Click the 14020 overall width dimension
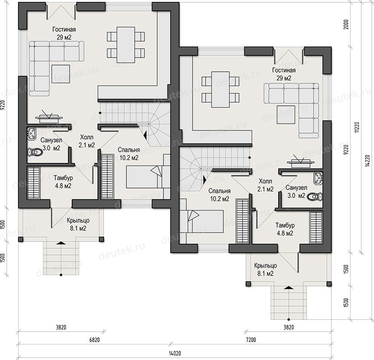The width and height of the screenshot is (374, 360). click(175, 353)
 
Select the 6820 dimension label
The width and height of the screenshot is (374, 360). click(95, 340)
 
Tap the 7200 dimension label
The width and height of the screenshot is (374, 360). click(251, 340)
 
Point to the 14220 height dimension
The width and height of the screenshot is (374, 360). click(368, 161)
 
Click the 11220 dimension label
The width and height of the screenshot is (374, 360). click(357, 127)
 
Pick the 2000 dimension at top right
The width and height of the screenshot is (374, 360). click(346, 25)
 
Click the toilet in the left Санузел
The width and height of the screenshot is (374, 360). click(35, 152)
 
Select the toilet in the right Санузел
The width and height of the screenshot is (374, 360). click(315, 197)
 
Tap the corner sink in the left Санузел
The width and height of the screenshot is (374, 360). click(31, 133)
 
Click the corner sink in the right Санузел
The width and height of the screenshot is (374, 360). click(318, 178)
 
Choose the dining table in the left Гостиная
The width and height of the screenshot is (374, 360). click(126, 45)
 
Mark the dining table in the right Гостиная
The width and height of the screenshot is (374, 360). click(220, 89)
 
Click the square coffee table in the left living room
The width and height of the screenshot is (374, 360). click(61, 74)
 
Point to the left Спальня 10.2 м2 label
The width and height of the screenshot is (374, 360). click(129, 154)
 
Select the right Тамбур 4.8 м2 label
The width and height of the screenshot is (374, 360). click(285, 229)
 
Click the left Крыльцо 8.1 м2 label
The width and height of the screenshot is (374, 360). click(78, 224)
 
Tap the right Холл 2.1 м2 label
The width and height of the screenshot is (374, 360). click(266, 185)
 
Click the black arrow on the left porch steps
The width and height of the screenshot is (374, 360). click(61, 243)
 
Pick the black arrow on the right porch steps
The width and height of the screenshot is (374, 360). click(289, 288)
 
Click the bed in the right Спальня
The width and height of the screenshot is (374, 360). click(202, 221)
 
